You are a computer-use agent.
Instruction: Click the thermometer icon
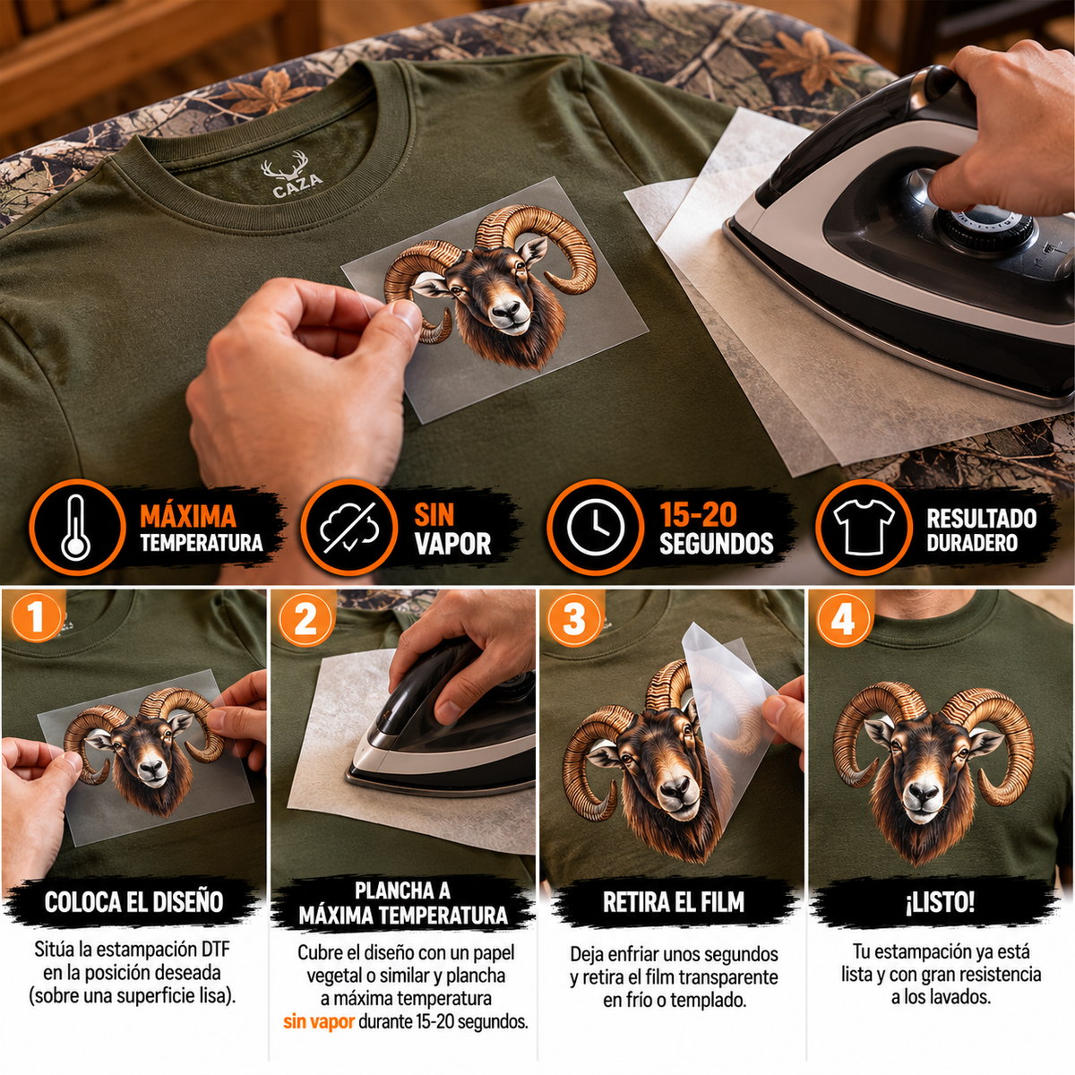click(x=76, y=527)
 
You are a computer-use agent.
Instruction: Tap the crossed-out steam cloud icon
click(x=349, y=527)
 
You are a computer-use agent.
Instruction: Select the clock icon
click(x=595, y=527)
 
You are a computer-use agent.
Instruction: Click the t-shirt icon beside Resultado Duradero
click(x=864, y=526)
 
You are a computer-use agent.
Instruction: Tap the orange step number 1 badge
click(x=36, y=619)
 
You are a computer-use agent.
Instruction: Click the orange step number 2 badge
click(x=305, y=619)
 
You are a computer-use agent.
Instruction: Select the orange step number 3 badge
click(x=574, y=619)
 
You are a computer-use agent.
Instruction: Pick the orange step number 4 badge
click(x=844, y=619)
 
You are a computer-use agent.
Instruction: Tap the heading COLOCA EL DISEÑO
click(x=133, y=902)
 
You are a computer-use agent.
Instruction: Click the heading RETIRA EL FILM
click(x=674, y=902)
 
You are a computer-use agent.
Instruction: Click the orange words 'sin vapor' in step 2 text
click(x=319, y=1021)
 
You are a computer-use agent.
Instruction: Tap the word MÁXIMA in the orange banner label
click(x=188, y=516)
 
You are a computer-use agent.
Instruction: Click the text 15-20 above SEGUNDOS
click(x=699, y=515)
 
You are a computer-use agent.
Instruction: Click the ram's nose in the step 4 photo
click(x=924, y=794)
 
